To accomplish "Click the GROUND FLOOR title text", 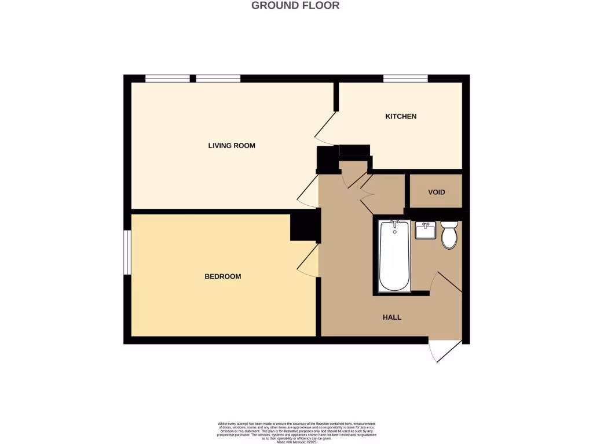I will [295, 6].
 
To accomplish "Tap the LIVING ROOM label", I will [232, 146].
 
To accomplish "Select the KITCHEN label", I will [401, 117].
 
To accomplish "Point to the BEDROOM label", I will [223, 277].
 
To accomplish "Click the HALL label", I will [392, 317].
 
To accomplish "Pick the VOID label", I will [437, 192].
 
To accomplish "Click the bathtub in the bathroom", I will [394, 256].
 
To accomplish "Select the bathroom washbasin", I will [425, 230].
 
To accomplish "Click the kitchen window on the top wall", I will [405, 79].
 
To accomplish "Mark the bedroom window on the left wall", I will [127, 252].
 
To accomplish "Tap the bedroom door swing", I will [308, 260].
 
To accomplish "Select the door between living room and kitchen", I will [325, 127].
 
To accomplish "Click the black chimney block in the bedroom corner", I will [303, 225].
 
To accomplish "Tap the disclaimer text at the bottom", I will [296, 432].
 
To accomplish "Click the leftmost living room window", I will [167, 79].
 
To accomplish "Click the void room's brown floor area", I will [436, 200].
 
